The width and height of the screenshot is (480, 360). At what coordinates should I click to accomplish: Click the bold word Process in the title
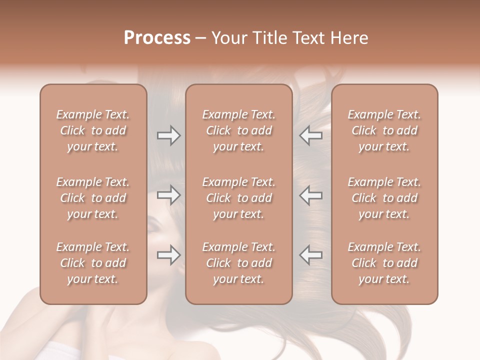[157, 38]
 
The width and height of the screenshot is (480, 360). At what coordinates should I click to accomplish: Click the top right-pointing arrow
[168, 135]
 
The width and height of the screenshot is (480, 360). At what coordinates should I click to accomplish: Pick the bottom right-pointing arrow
[168, 255]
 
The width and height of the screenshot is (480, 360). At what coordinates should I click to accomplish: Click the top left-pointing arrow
[311, 135]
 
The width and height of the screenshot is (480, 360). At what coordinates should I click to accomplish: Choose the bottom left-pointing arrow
[311, 255]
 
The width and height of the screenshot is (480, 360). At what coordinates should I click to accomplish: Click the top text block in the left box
[93, 130]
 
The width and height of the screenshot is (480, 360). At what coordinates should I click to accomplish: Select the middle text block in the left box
[93, 198]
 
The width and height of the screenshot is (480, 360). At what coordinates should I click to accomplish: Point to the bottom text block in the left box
[93, 263]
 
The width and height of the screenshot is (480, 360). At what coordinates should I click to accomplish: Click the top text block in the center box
[238, 130]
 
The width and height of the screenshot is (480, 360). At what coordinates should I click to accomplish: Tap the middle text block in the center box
[238, 198]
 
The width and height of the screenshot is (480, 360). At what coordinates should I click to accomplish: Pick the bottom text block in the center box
[238, 263]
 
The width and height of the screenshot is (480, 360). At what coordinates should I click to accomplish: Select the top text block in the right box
[384, 130]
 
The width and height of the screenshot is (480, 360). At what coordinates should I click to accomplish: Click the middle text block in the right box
[384, 198]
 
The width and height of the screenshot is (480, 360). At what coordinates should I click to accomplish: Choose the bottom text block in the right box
[384, 263]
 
